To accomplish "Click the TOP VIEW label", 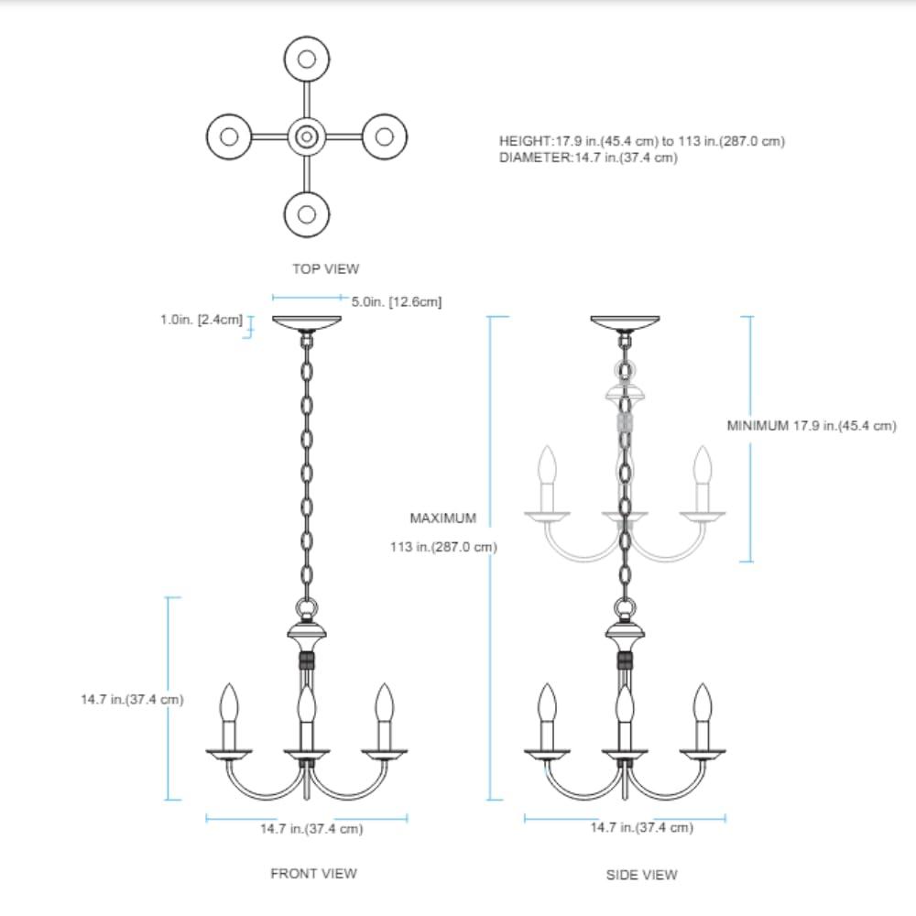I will point(325,269).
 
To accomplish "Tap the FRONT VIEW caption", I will point(313,873).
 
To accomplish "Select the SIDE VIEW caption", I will point(641,875).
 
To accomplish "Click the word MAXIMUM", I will point(442,518).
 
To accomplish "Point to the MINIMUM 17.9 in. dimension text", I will point(811,426).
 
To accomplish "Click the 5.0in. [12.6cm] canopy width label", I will point(397,301).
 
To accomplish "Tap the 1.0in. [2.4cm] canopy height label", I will point(199,321).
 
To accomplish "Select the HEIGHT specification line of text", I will point(641,141).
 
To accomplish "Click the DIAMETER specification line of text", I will point(588,158).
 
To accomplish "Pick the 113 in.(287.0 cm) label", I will point(442,548).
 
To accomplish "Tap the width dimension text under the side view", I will point(641,827).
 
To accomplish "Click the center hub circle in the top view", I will point(307,137).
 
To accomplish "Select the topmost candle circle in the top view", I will point(307,59).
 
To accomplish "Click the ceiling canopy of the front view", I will point(307,322).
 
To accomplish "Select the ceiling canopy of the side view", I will point(625,322).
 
